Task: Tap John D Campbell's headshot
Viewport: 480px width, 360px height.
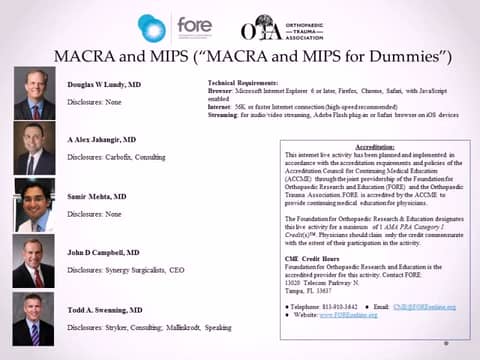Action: pos(33,261)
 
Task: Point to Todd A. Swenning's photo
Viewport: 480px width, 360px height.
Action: pos(33,318)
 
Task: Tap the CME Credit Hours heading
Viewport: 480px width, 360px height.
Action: pos(313,254)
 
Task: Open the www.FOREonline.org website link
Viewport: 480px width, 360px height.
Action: pos(348,314)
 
